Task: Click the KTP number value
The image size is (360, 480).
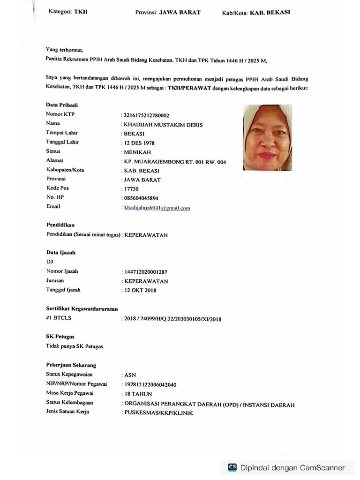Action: [x=146, y=115]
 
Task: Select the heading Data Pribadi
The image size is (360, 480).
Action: [x=62, y=105]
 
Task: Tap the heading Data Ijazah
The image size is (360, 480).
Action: [x=60, y=252]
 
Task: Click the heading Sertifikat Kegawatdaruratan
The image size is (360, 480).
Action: [x=82, y=309]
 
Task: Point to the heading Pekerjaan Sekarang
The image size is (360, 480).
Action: [x=71, y=365]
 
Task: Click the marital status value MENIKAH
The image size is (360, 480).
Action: [x=136, y=152]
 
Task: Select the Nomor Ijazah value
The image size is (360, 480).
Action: [x=145, y=271]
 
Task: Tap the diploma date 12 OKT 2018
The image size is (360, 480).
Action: [x=140, y=290]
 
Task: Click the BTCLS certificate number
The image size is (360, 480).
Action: [x=172, y=319]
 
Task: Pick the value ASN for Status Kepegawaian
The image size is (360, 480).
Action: [x=129, y=375]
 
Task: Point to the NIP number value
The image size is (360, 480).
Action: [x=150, y=384]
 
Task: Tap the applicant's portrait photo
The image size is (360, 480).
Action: [x=267, y=137]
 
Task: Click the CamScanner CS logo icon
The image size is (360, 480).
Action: [x=232, y=467]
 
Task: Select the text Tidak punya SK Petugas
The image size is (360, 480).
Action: [x=75, y=346]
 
